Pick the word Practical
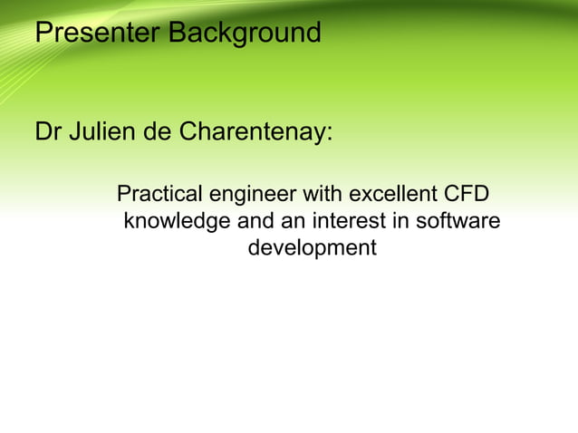[x=160, y=195]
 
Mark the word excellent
[x=391, y=195]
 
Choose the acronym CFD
[x=464, y=195]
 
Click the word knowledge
[x=177, y=221]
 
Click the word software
[x=456, y=221]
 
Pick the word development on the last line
[x=312, y=248]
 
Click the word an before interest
[x=292, y=221]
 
